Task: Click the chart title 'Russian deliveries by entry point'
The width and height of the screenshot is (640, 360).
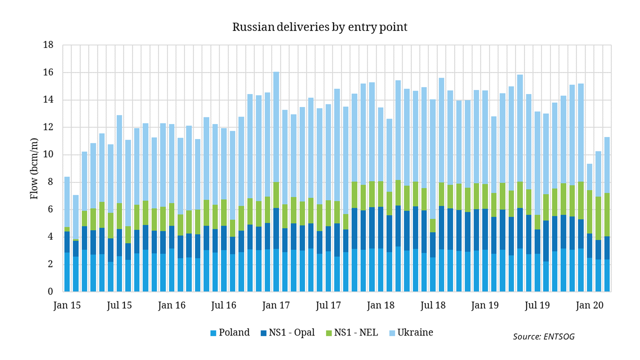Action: click(x=319, y=27)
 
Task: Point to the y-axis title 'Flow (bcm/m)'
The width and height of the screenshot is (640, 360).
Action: click(x=34, y=168)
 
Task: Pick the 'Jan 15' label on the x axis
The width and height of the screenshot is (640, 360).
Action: click(x=67, y=305)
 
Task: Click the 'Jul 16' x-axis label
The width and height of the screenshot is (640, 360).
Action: click(x=224, y=305)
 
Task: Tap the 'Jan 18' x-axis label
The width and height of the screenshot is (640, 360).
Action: click(x=381, y=305)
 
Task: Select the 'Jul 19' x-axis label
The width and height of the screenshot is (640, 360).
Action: click(x=537, y=305)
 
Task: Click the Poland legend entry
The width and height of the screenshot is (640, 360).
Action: click(x=229, y=332)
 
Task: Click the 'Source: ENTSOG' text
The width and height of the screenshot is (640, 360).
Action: click(x=543, y=336)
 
